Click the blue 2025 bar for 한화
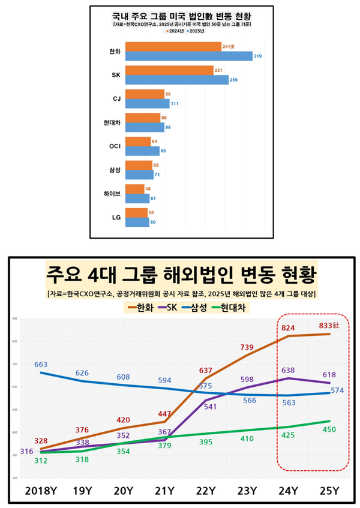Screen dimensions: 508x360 point(192,56)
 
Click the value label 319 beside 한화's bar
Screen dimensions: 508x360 point(257,56)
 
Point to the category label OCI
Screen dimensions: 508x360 point(116,146)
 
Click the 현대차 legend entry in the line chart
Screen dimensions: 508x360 point(235,308)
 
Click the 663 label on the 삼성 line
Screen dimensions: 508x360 point(41,364)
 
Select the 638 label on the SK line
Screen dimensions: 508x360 point(287,371)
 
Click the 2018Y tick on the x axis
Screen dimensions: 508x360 point(41,490)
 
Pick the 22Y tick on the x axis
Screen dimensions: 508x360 point(205,490)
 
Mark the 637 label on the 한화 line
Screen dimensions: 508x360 point(206,369)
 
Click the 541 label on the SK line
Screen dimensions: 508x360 point(211,407)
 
